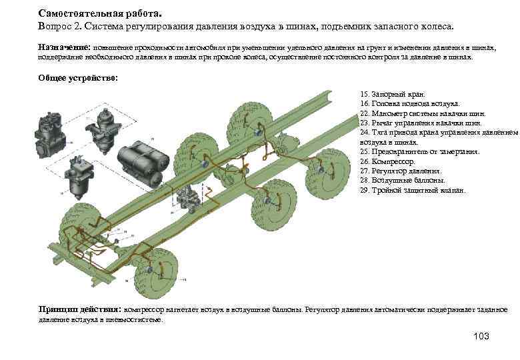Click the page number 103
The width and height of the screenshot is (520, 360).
pyautogui.click(x=480, y=336)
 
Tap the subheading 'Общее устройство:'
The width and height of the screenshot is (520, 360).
pyautogui.click(x=78, y=78)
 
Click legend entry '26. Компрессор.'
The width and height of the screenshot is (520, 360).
pyautogui.click(x=387, y=161)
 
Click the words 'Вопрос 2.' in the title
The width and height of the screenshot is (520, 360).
pyautogui.click(x=61, y=26)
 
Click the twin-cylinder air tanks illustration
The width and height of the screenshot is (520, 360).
pyautogui.click(x=139, y=160)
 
